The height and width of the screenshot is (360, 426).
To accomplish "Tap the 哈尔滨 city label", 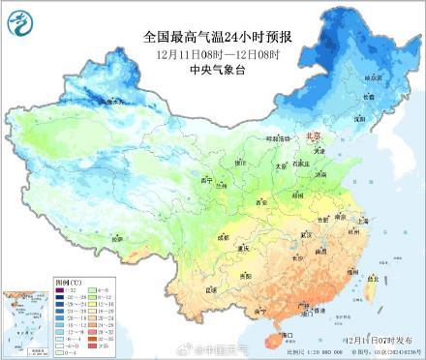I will click(373, 76).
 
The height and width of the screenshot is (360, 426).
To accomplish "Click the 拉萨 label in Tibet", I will click(116, 237).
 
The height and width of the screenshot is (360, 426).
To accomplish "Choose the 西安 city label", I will click(259, 202).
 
